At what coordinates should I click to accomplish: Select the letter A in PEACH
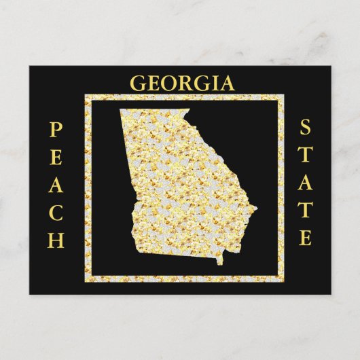(56, 183)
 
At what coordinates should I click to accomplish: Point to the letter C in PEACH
(56, 211)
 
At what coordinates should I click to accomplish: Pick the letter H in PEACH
(56, 239)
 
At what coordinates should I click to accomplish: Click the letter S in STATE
(306, 126)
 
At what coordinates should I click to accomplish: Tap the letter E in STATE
(306, 238)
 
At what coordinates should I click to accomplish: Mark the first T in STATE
(306, 154)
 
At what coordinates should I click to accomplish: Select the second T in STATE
(306, 210)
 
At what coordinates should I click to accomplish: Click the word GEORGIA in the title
(181, 84)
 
